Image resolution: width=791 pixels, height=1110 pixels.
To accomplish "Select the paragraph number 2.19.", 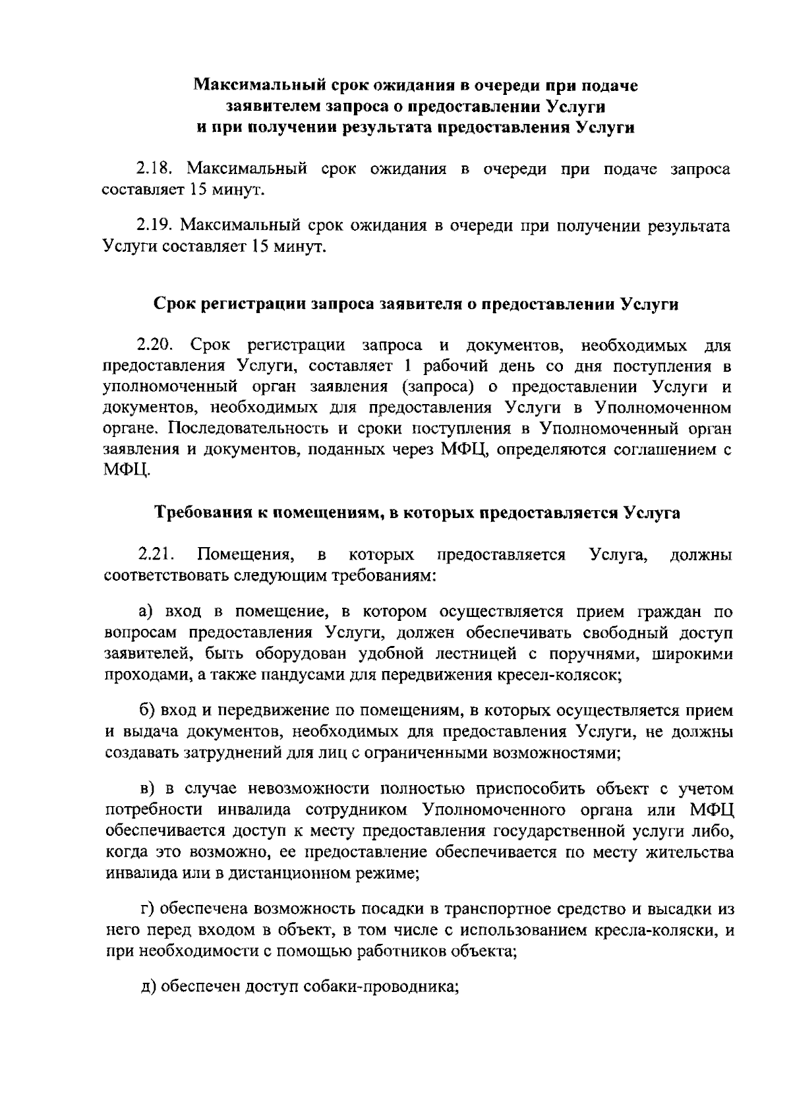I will (x=154, y=226).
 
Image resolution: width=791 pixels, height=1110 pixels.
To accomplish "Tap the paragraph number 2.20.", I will (x=155, y=345).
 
